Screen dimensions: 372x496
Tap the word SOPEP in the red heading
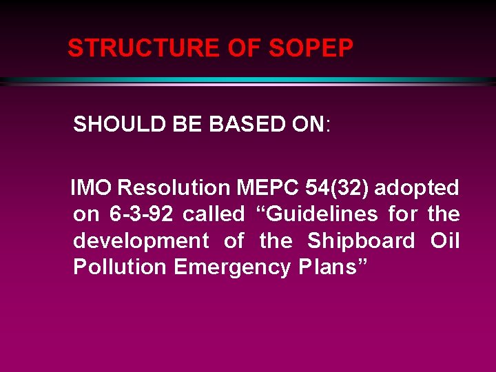(311, 48)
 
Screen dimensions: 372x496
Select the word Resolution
(174, 187)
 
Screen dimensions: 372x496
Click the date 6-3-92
(141, 214)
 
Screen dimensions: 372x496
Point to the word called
(214, 214)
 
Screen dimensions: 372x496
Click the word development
(141, 241)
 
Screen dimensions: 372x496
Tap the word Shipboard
(361, 241)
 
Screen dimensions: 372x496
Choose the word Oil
(445, 241)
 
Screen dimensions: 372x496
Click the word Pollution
(120, 268)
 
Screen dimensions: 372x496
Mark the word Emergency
(232, 268)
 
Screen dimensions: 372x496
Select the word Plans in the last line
(327, 268)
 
